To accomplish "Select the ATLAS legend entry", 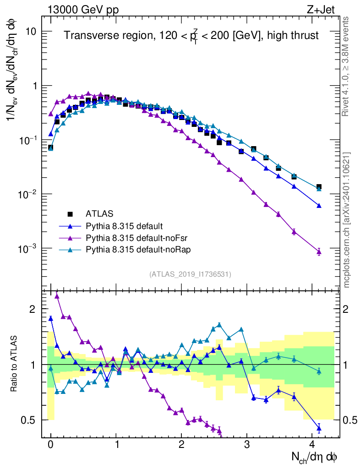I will click(x=98, y=213).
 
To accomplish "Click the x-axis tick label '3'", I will click(x=247, y=445).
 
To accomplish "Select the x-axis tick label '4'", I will click(x=312, y=445).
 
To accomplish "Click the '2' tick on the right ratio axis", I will click(x=345, y=309).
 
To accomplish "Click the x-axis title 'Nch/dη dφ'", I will click(x=315, y=457).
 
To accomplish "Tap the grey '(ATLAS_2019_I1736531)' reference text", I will click(x=190, y=274).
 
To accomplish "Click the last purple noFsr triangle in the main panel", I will click(x=319, y=251).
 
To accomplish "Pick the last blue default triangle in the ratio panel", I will click(x=319, y=429).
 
